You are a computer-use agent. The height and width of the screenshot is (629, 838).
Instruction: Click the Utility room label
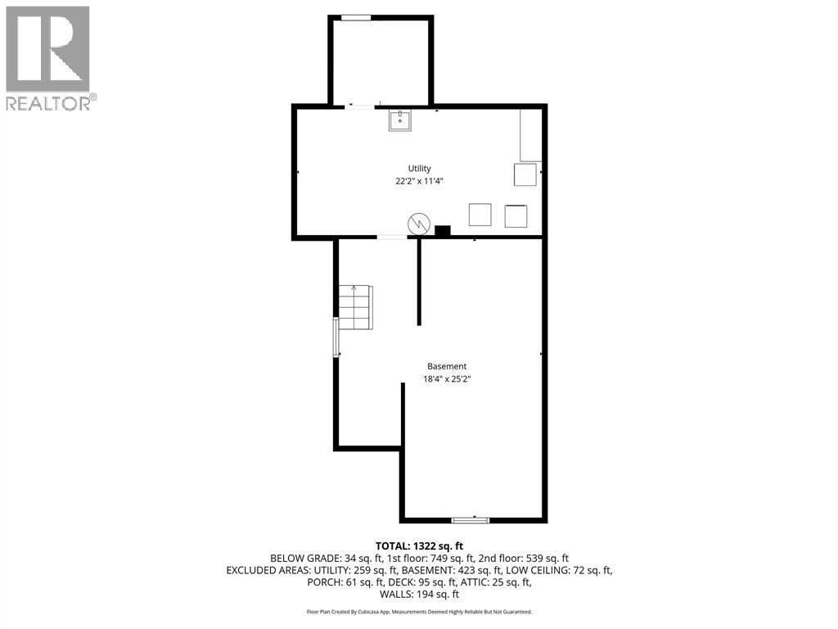(419, 169)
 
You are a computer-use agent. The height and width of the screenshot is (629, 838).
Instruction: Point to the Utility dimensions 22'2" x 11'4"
(419, 182)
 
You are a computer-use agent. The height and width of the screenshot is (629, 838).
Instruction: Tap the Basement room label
(447, 366)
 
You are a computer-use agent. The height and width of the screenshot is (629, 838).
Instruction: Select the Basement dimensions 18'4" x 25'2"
(447, 379)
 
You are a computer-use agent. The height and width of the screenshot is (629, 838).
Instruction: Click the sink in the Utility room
(399, 120)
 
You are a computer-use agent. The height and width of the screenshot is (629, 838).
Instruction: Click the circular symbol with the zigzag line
(419, 223)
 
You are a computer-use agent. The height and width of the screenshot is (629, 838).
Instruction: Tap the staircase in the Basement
(355, 306)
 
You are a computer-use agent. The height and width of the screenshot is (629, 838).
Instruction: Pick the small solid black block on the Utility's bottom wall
(443, 232)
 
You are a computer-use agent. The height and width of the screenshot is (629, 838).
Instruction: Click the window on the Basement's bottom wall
(471, 519)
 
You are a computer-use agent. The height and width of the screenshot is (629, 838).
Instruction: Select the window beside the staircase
(336, 337)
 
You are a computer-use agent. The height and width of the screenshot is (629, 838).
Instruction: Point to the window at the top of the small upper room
(356, 18)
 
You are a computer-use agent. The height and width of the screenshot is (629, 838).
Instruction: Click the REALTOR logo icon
(47, 48)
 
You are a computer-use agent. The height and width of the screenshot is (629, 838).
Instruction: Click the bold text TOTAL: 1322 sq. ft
(419, 545)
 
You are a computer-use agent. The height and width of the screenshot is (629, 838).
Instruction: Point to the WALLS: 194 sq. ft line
(419, 595)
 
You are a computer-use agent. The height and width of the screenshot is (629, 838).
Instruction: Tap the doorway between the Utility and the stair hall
(391, 238)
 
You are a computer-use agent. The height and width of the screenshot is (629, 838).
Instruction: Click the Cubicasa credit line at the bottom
(419, 612)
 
